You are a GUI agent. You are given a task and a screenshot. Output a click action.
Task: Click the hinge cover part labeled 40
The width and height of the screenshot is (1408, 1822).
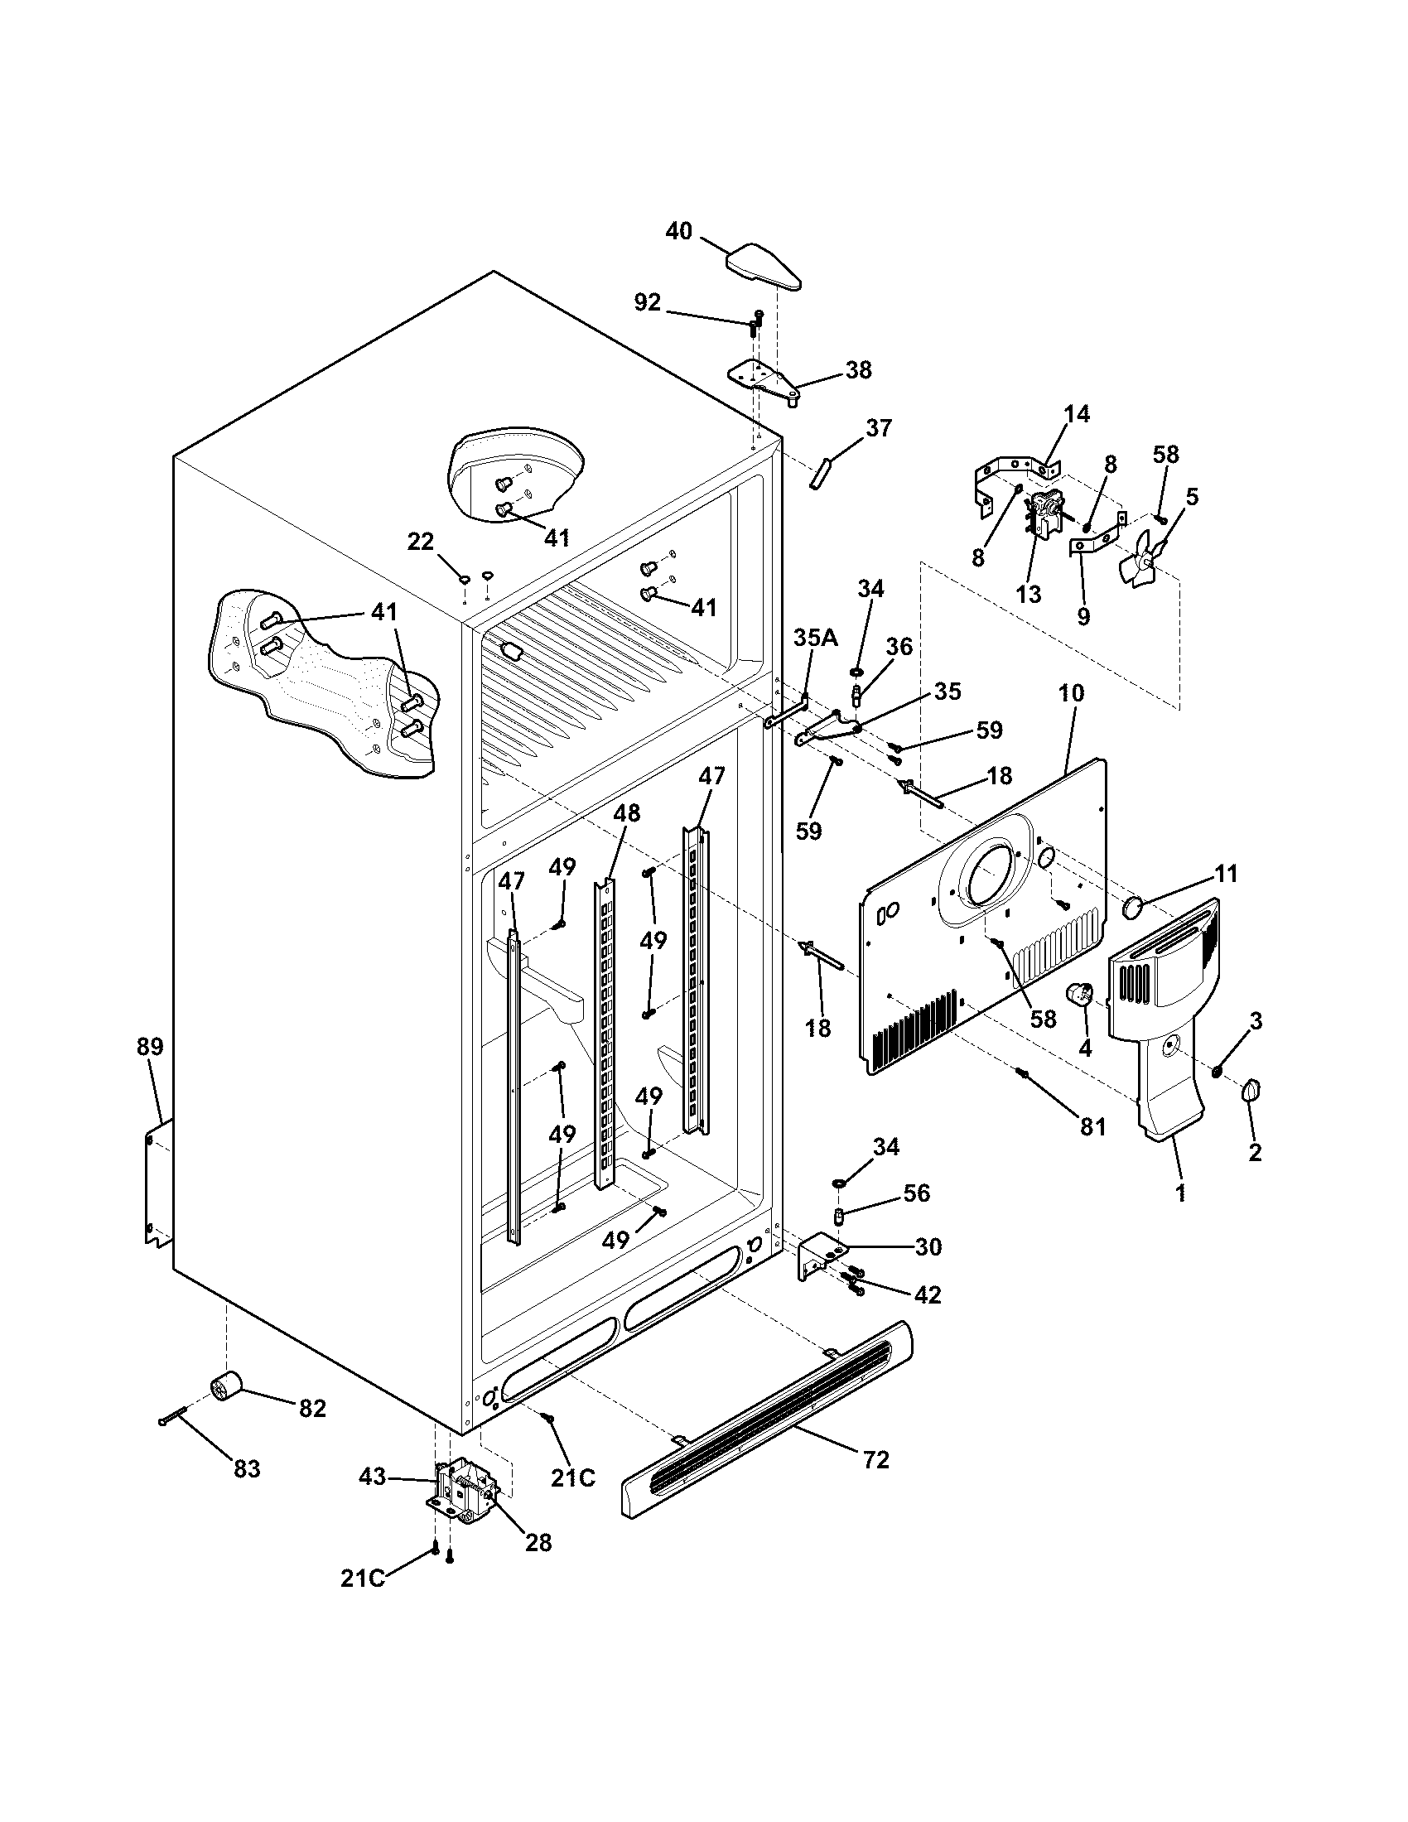click(x=764, y=267)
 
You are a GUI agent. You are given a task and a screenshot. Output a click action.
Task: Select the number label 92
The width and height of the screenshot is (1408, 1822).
click(x=648, y=303)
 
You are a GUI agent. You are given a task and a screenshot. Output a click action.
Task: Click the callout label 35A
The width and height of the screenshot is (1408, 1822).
click(x=815, y=639)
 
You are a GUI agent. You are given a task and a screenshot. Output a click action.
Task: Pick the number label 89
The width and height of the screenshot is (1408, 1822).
click(x=150, y=1046)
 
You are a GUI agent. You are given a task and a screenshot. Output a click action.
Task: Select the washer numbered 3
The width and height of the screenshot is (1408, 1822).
click(x=1217, y=1070)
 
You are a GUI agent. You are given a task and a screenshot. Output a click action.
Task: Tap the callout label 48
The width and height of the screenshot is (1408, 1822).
click(x=626, y=812)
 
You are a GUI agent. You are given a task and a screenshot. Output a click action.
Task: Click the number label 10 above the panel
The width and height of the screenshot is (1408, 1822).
click(x=1072, y=692)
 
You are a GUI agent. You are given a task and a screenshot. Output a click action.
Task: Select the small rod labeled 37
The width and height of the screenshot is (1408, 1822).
click(x=818, y=474)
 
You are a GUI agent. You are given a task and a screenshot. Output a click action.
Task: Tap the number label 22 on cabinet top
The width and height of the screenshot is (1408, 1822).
click(x=421, y=542)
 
